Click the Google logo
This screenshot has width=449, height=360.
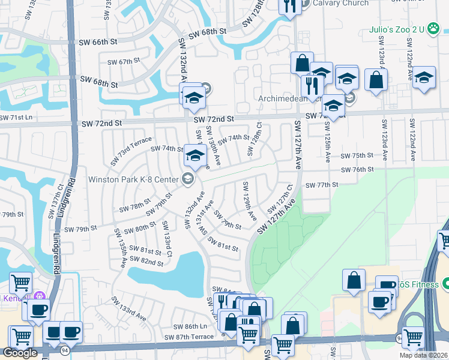[20, 353]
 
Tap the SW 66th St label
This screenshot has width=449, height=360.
[98, 42]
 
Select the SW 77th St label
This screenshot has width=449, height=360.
[322, 185]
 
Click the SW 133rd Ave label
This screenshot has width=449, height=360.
[133, 313]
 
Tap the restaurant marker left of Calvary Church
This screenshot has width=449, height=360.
[289, 6]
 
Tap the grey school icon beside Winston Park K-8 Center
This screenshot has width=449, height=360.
[188, 179]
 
